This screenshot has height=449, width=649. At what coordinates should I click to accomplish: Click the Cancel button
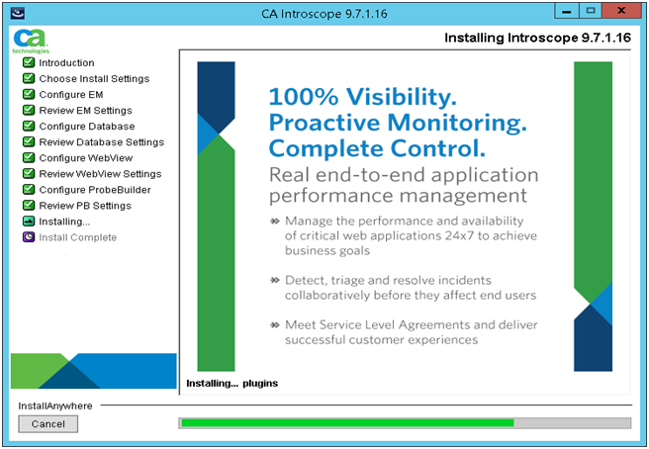point(47,423)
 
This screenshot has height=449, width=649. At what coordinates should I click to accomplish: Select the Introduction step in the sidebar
point(66,63)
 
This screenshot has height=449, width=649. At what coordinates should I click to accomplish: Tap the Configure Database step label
point(87,127)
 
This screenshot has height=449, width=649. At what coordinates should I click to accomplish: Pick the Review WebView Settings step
point(100,174)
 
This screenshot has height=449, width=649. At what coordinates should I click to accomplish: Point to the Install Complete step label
point(77,237)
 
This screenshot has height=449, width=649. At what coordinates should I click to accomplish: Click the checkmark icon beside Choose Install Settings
point(28,79)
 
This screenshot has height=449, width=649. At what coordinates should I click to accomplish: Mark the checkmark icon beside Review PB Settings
point(28,206)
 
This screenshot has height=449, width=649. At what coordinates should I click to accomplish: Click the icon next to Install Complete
point(28,237)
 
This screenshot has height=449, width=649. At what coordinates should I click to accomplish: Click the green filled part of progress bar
point(346,423)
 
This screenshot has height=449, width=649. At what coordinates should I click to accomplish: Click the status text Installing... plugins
point(232,383)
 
